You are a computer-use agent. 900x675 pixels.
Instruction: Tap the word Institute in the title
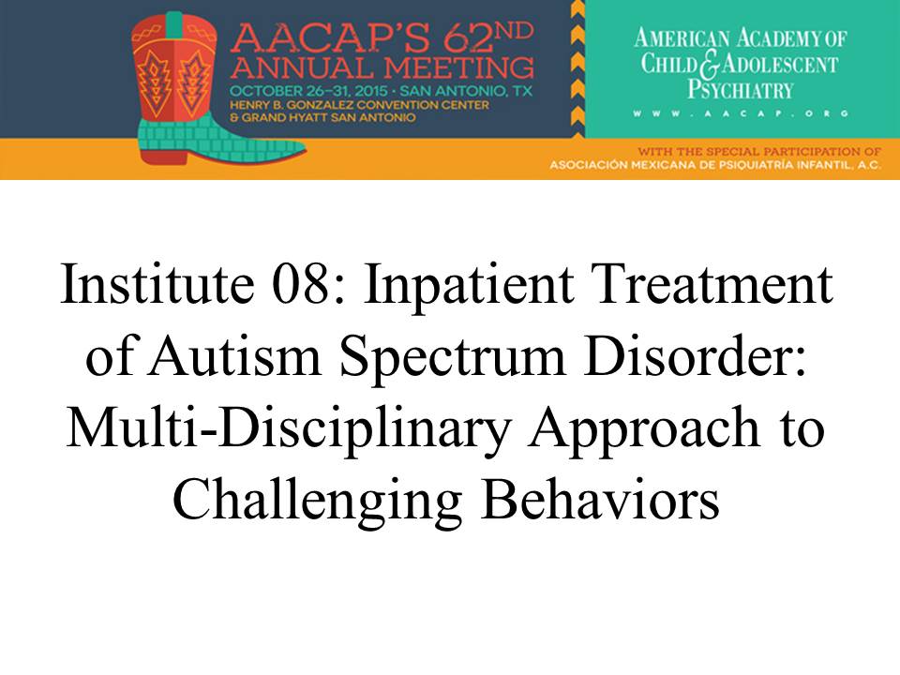[157, 283]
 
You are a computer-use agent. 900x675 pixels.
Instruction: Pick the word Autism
[234, 356]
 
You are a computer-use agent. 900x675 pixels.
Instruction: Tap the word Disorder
[694, 356]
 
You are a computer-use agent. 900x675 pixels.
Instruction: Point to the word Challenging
[318, 501]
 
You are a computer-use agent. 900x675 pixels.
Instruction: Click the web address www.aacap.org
[741, 113]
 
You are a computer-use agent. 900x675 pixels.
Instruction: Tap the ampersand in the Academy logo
[710, 65]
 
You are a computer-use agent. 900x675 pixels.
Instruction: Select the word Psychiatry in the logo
[741, 90]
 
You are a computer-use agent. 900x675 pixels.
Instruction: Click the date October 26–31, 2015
[308, 91]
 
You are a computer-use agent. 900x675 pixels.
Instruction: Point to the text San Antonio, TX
[466, 91]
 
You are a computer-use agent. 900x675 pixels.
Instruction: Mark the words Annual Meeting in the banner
[382, 68]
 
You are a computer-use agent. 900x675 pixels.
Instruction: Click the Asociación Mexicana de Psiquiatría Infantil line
[715, 165]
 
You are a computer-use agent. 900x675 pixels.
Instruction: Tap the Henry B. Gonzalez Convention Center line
[359, 105]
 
